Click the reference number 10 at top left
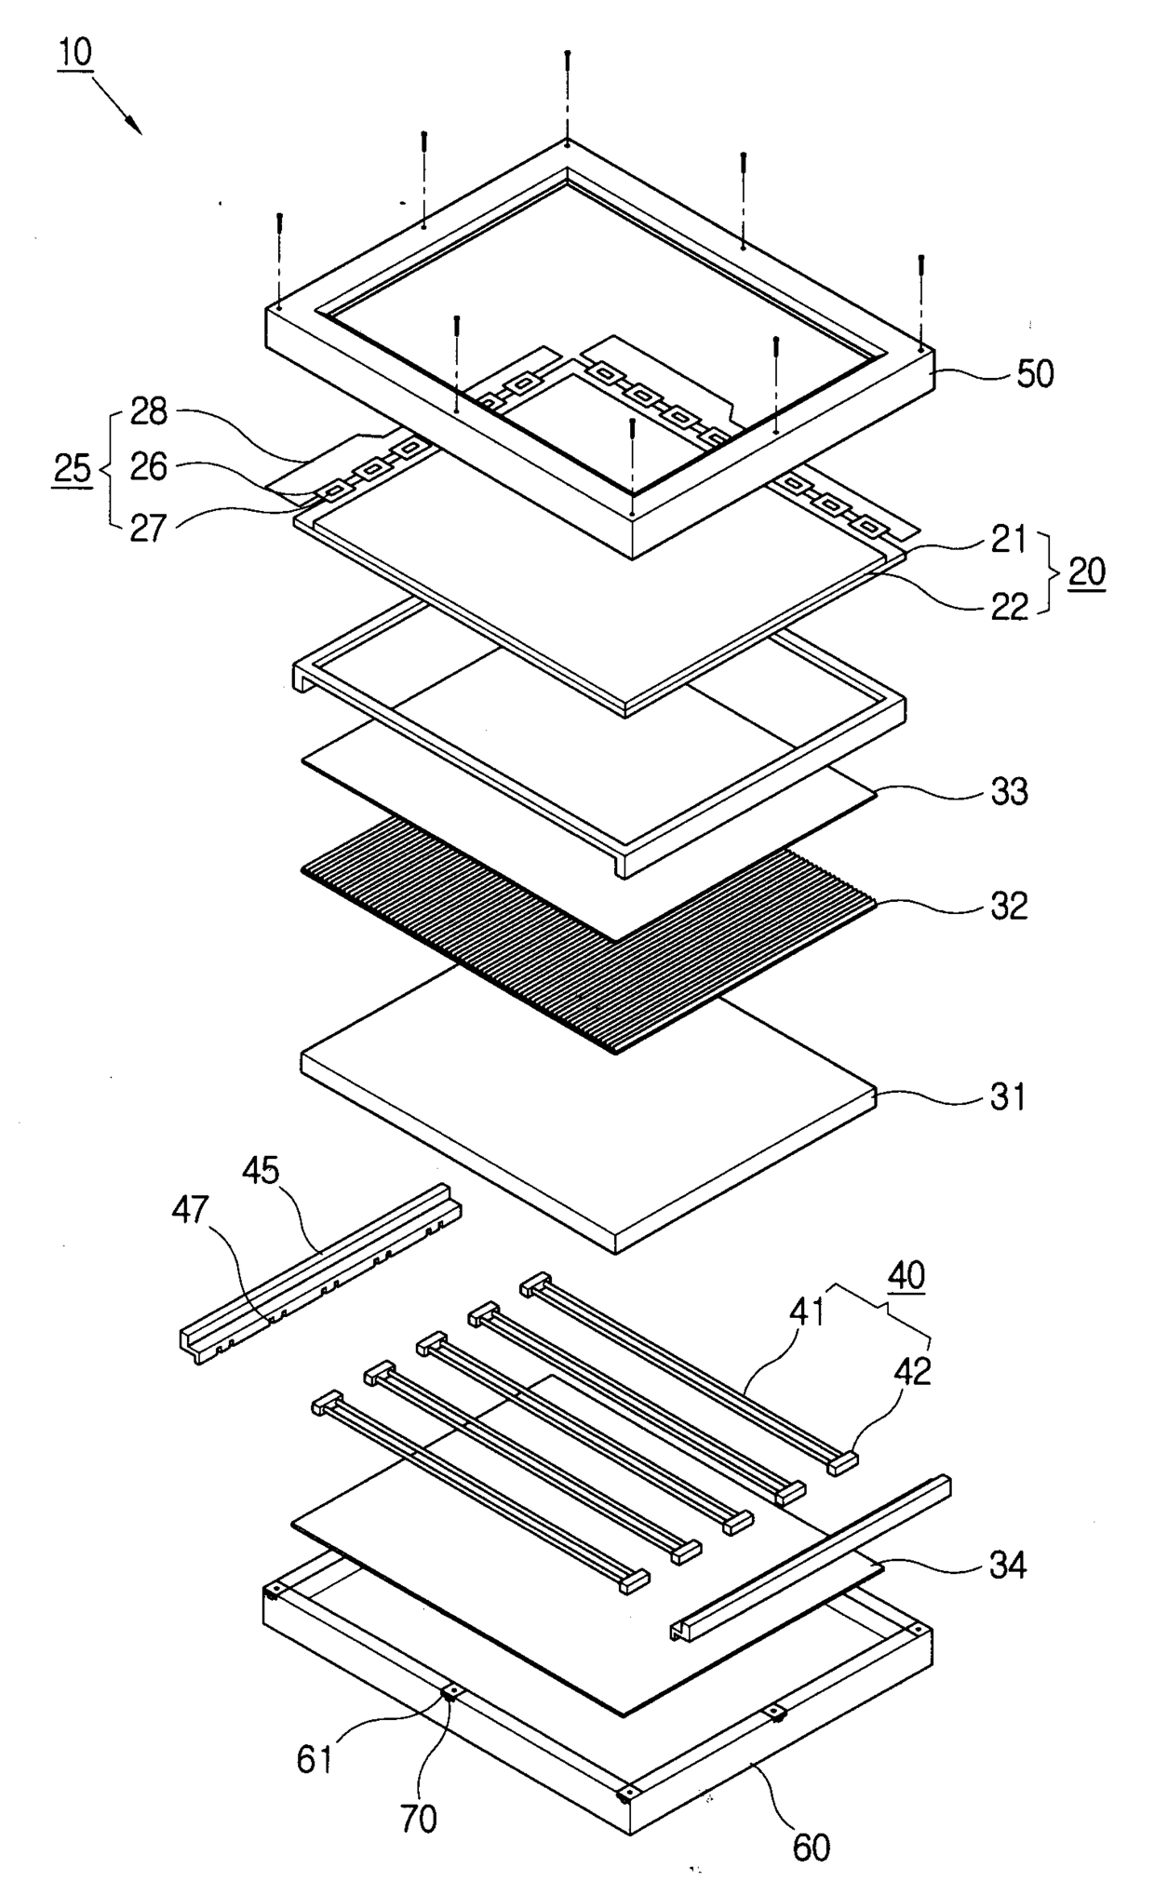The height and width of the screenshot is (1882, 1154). pos(75,51)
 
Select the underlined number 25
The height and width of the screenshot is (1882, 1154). pos(73,468)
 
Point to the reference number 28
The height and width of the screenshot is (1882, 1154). pos(148,411)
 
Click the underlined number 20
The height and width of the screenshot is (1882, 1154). pos(1086,571)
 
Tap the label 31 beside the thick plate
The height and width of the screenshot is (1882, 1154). pos(1007,1097)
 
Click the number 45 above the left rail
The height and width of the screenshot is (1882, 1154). pos(262,1170)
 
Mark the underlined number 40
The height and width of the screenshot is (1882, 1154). pos(906,1274)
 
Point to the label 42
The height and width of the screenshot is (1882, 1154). pos(912,1370)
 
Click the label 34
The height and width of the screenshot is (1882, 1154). pos(1008,1566)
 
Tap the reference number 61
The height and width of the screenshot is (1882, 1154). pos(314,1759)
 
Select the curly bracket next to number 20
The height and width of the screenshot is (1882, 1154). pos(1049,571)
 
